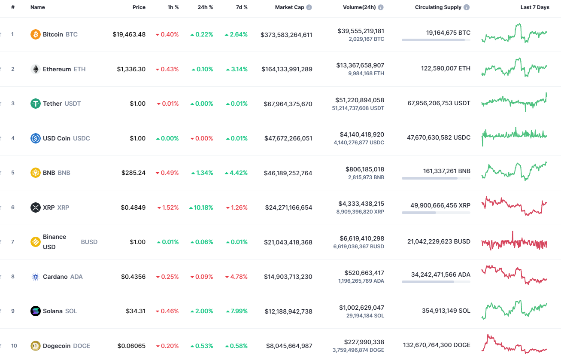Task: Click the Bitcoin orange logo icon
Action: pos(36,34)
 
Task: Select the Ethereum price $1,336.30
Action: pos(131,69)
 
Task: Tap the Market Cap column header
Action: pos(289,7)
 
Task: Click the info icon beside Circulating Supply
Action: pos(467,7)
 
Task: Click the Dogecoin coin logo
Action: pos(36,346)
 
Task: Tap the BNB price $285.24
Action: pos(133,173)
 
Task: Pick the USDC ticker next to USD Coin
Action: pos(82,138)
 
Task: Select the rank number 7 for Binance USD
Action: pos(13,242)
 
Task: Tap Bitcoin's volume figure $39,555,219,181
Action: pos(361,31)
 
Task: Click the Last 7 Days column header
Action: pos(534,7)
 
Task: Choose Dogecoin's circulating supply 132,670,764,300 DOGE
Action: pos(437,345)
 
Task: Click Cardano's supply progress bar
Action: pos(436,282)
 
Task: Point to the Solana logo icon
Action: pos(36,311)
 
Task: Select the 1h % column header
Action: pos(173,7)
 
